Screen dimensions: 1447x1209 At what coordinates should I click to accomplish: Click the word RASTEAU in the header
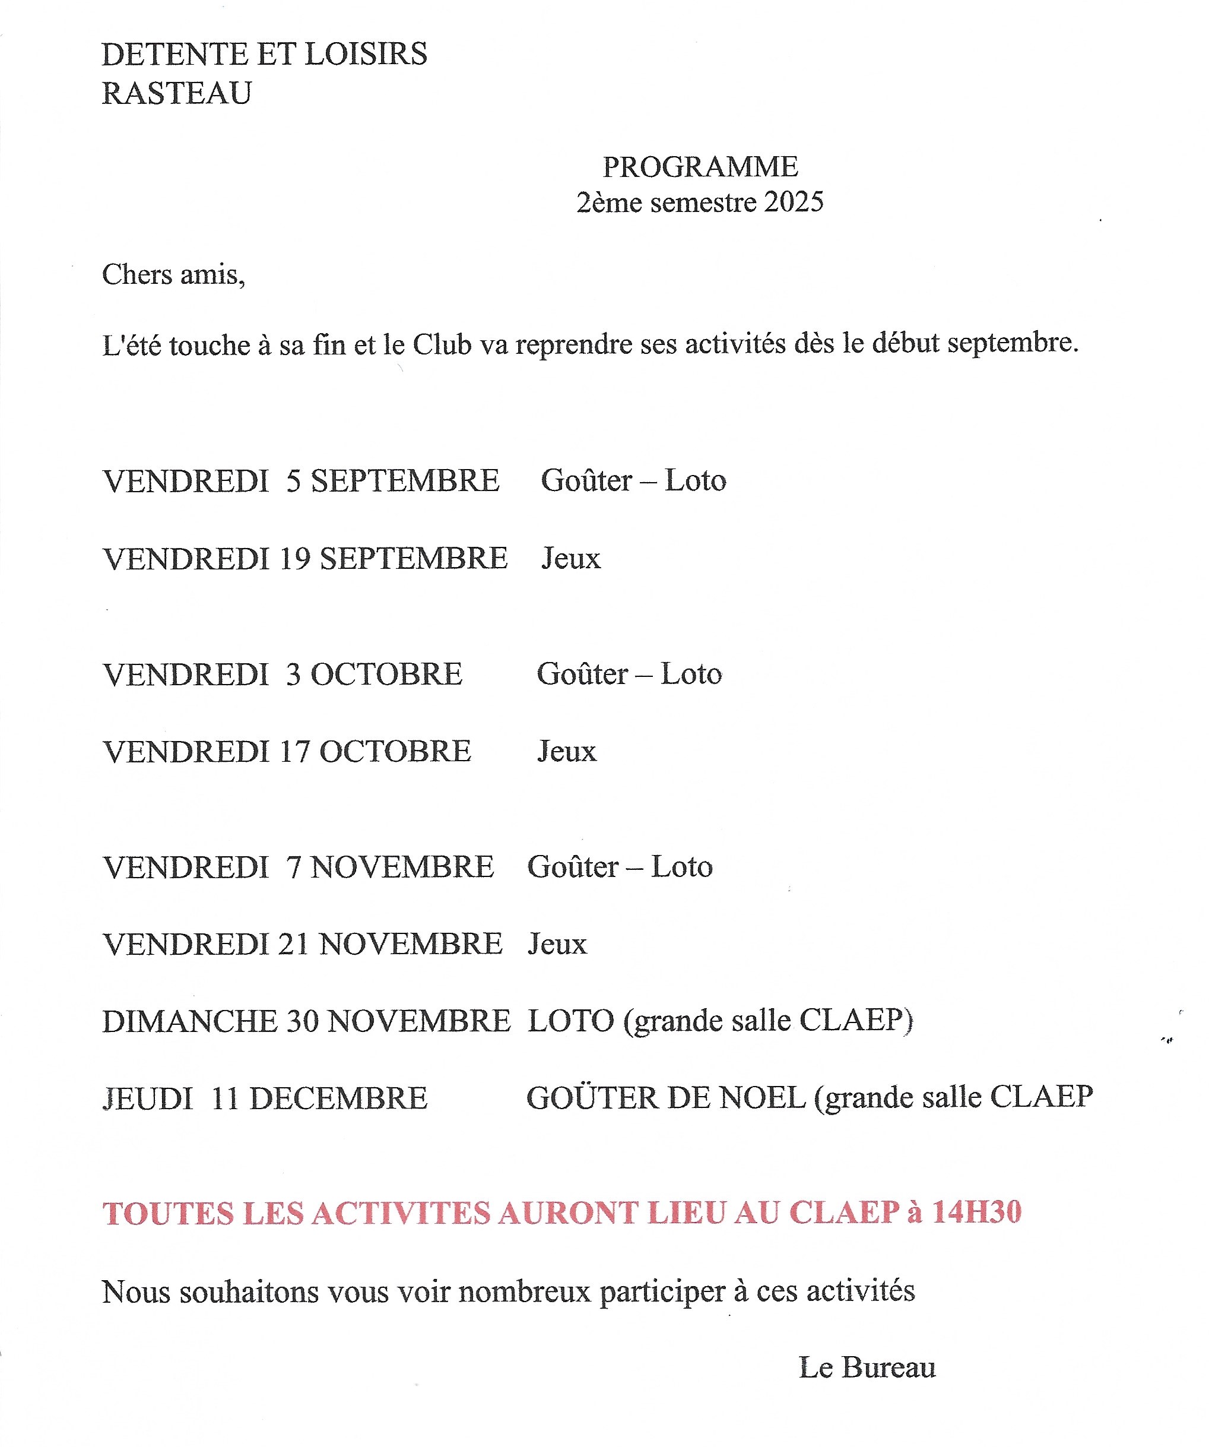(176, 93)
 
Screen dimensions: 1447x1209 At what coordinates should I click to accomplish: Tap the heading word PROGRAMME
(700, 167)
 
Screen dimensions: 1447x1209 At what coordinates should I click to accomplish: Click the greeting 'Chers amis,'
(173, 275)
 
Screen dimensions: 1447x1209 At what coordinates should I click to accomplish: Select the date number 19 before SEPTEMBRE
(295, 558)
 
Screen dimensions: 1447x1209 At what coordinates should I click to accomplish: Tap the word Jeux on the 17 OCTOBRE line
(566, 751)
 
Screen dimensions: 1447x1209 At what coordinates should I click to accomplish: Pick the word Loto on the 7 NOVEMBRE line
(681, 867)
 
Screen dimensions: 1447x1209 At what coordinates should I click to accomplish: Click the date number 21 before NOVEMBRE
(293, 944)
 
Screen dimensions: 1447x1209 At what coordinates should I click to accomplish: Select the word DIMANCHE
(189, 1021)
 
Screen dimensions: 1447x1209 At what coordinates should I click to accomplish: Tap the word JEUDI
(147, 1098)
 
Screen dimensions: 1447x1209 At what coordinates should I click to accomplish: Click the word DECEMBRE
(338, 1098)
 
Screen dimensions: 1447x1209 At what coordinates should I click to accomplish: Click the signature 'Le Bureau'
(867, 1368)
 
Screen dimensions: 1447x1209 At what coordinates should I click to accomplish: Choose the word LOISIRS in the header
(366, 54)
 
